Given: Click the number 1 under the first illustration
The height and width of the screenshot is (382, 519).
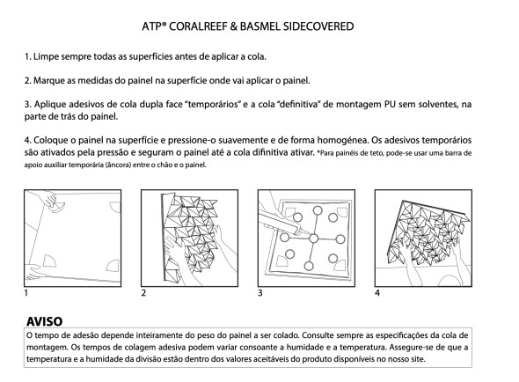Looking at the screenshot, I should [26, 292].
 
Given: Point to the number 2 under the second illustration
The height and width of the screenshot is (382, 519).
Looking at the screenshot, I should [143, 292].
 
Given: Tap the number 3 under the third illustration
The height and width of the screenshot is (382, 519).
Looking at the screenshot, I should [260, 292].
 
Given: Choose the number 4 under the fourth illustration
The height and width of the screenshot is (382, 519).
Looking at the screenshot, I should [377, 292].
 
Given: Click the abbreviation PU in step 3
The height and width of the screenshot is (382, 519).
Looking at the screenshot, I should [392, 103].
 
